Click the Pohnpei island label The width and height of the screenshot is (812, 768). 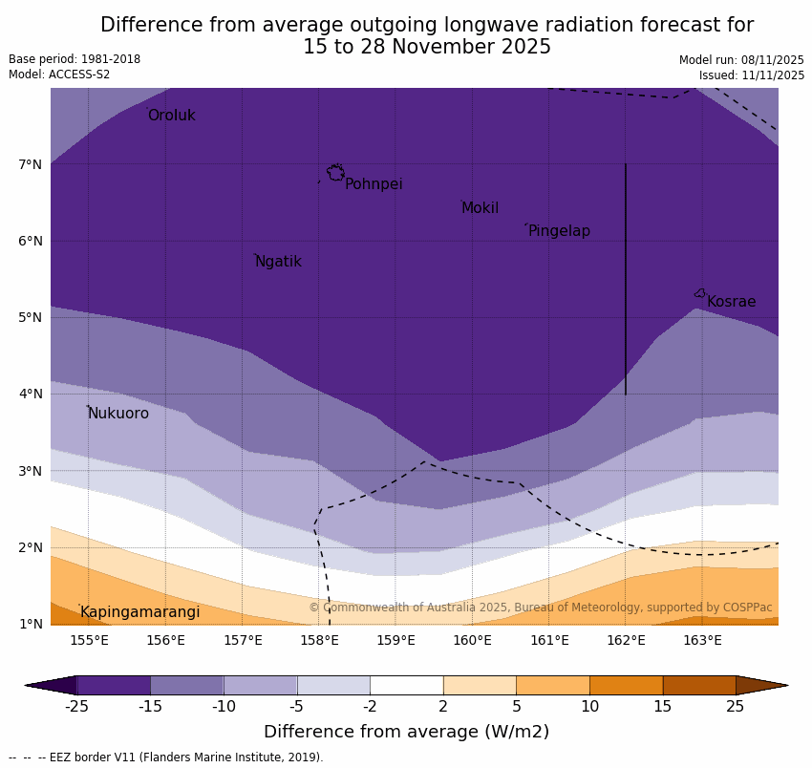click(x=374, y=184)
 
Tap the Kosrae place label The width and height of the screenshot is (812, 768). click(x=731, y=302)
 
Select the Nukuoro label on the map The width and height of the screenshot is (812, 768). click(x=118, y=414)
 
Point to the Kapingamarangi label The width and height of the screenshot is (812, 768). click(x=139, y=612)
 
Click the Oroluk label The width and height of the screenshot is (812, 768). click(x=171, y=116)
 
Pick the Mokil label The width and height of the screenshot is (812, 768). click(x=480, y=208)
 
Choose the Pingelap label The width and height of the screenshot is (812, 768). click(x=559, y=231)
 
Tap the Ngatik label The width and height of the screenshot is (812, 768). click(x=278, y=262)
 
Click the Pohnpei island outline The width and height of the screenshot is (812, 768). click(x=335, y=173)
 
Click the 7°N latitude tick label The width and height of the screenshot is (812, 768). click(x=31, y=164)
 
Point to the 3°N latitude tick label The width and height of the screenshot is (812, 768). click(x=31, y=471)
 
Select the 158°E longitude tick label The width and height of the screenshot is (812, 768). click(x=319, y=640)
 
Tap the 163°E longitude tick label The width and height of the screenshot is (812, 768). click(x=702, y=640)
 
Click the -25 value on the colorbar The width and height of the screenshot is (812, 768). click(x=76, y=707)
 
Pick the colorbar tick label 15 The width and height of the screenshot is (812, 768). click(x=663, y=707)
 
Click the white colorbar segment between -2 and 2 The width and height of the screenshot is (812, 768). click(x=406, y=685)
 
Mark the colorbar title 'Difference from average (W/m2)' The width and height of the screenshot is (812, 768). click(x=406, y=733)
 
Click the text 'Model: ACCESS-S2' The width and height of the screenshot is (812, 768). click(x=59, y=75)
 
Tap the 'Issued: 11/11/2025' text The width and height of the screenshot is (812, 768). click(x=751, y=75)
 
